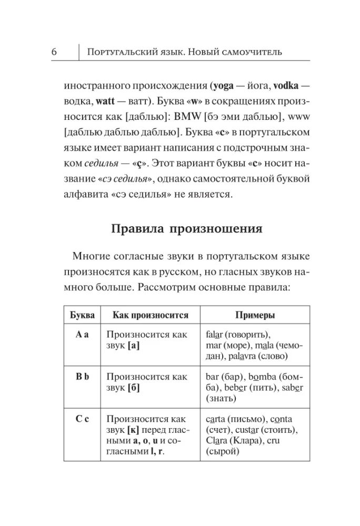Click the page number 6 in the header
[x=55, y=52]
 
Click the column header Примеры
[x=254, y=315]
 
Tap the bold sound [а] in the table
[x=133, y=346]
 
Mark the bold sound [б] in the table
[x=133, y=388]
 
